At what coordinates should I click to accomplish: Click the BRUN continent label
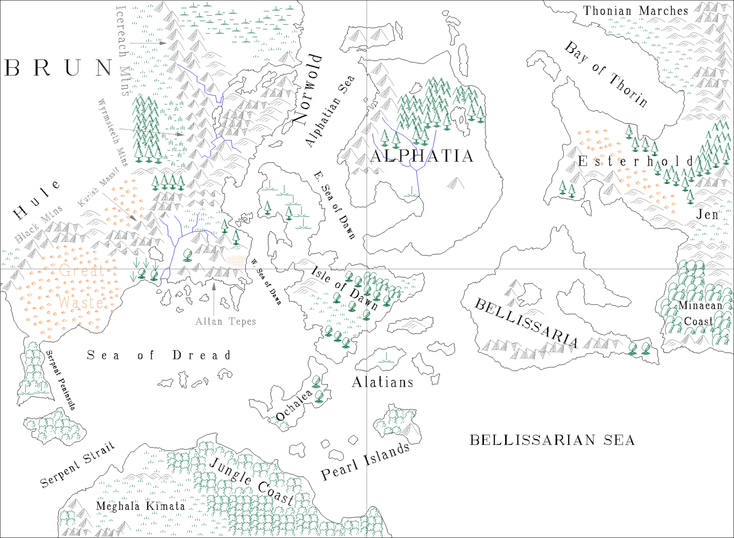click(x=58, y=68)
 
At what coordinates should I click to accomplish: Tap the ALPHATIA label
click(x=421, y=156)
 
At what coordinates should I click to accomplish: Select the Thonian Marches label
click(x=635, y=11)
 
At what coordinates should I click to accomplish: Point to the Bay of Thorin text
click(x=606, y=74)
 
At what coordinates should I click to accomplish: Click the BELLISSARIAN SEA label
click(x=552, y=440)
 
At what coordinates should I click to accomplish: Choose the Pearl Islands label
click(x=365, y=462)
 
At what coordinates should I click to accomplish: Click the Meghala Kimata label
click(x=140, y=506)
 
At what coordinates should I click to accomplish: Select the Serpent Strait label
click(x=77, y=464)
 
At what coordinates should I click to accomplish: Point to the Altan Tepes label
click(x=226, y=322)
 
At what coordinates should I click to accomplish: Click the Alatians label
click(x=382, y=382)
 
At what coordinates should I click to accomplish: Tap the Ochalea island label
click(x=293, y=406)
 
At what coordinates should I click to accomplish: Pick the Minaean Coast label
click(x=700, y=313)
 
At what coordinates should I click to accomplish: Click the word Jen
click(x=707, y=215)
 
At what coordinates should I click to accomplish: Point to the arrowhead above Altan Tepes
click(x=214, y=286)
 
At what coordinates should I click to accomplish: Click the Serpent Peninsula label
click(x=61, y=380)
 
